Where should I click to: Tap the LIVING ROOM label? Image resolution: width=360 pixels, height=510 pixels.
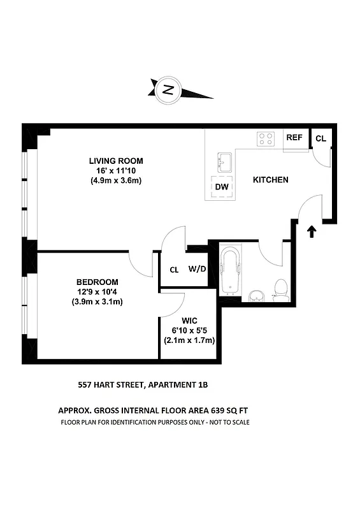[x=115, y=161]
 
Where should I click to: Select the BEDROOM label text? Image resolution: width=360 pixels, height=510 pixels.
[x=97, y=282]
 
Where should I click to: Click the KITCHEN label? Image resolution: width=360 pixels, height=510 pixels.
[x=271, y=180]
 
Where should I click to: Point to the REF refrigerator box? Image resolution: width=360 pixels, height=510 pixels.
[x=294, y=138]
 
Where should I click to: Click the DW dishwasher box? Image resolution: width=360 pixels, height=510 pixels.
[x=222, y=187]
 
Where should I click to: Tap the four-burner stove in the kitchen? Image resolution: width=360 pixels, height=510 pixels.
[x=265, y=138]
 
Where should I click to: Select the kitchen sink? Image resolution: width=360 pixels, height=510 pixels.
[x=224, y=162]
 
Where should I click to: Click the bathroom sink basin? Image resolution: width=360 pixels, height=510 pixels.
[x=255, y=296]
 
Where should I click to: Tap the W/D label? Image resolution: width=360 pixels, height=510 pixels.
[x=197, y=269]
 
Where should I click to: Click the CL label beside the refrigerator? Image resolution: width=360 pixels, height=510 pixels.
[x=320, y=138]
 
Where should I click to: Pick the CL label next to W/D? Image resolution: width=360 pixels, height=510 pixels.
[x=174, y=269]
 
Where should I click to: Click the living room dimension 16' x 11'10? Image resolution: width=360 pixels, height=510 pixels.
[x=115, y=171]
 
